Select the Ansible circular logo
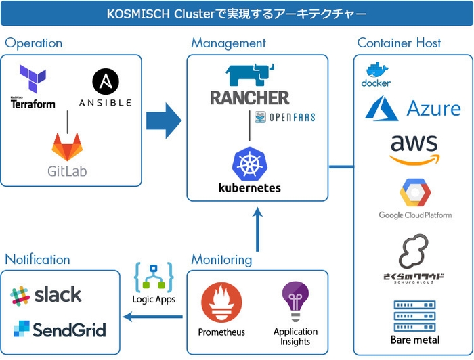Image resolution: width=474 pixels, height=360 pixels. click(105, 81)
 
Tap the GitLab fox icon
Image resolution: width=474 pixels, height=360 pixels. click(66, 146)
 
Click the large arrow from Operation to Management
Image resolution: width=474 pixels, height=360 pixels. click(164, 122)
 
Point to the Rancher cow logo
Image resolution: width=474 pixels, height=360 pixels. click(249, 76)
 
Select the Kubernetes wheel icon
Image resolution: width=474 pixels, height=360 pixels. click(249, 163)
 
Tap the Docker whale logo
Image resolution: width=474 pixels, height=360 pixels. click(376, 70)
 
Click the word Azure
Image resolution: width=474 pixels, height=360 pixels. click(433, 108)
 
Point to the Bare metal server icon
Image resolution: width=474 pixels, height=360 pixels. click(414, 315)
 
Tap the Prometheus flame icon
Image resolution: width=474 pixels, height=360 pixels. click(221, 304)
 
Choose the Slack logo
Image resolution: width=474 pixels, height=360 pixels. click(46, 295)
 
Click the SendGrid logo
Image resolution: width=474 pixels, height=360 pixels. click(60, 330)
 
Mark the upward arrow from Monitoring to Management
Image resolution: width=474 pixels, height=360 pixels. click(257, 230)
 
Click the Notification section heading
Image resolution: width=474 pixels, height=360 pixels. click(37, 259)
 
